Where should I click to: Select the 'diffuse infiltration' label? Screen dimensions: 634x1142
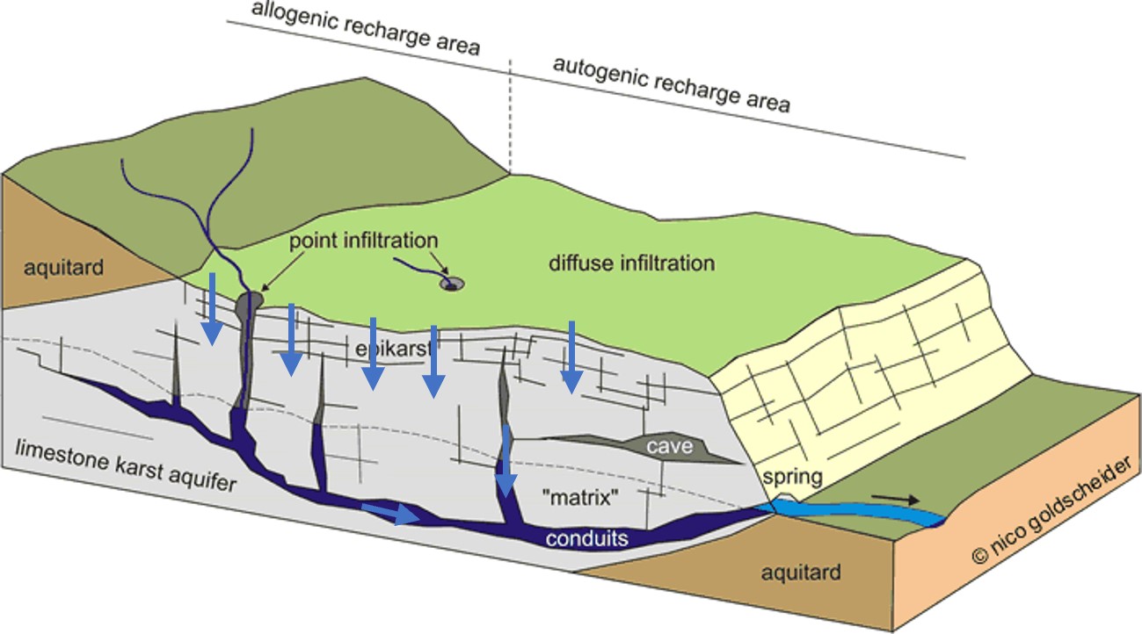pos(631,263)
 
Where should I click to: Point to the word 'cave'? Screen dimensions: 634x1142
pos(670,447)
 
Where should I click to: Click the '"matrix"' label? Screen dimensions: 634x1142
pos(580,496)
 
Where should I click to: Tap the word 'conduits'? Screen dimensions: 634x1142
pos(587,537)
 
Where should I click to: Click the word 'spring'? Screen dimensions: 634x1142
pos(792,478)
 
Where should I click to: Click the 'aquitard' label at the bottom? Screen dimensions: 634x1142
pos(800,573)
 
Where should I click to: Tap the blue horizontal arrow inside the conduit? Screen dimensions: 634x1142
pos(390,513)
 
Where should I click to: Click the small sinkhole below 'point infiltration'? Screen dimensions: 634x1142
pos(454,284)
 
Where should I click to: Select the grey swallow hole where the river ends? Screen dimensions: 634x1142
pos(250,302)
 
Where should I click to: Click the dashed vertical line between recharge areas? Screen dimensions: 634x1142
pos(510,114)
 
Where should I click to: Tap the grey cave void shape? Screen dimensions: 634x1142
pos(642,448)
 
